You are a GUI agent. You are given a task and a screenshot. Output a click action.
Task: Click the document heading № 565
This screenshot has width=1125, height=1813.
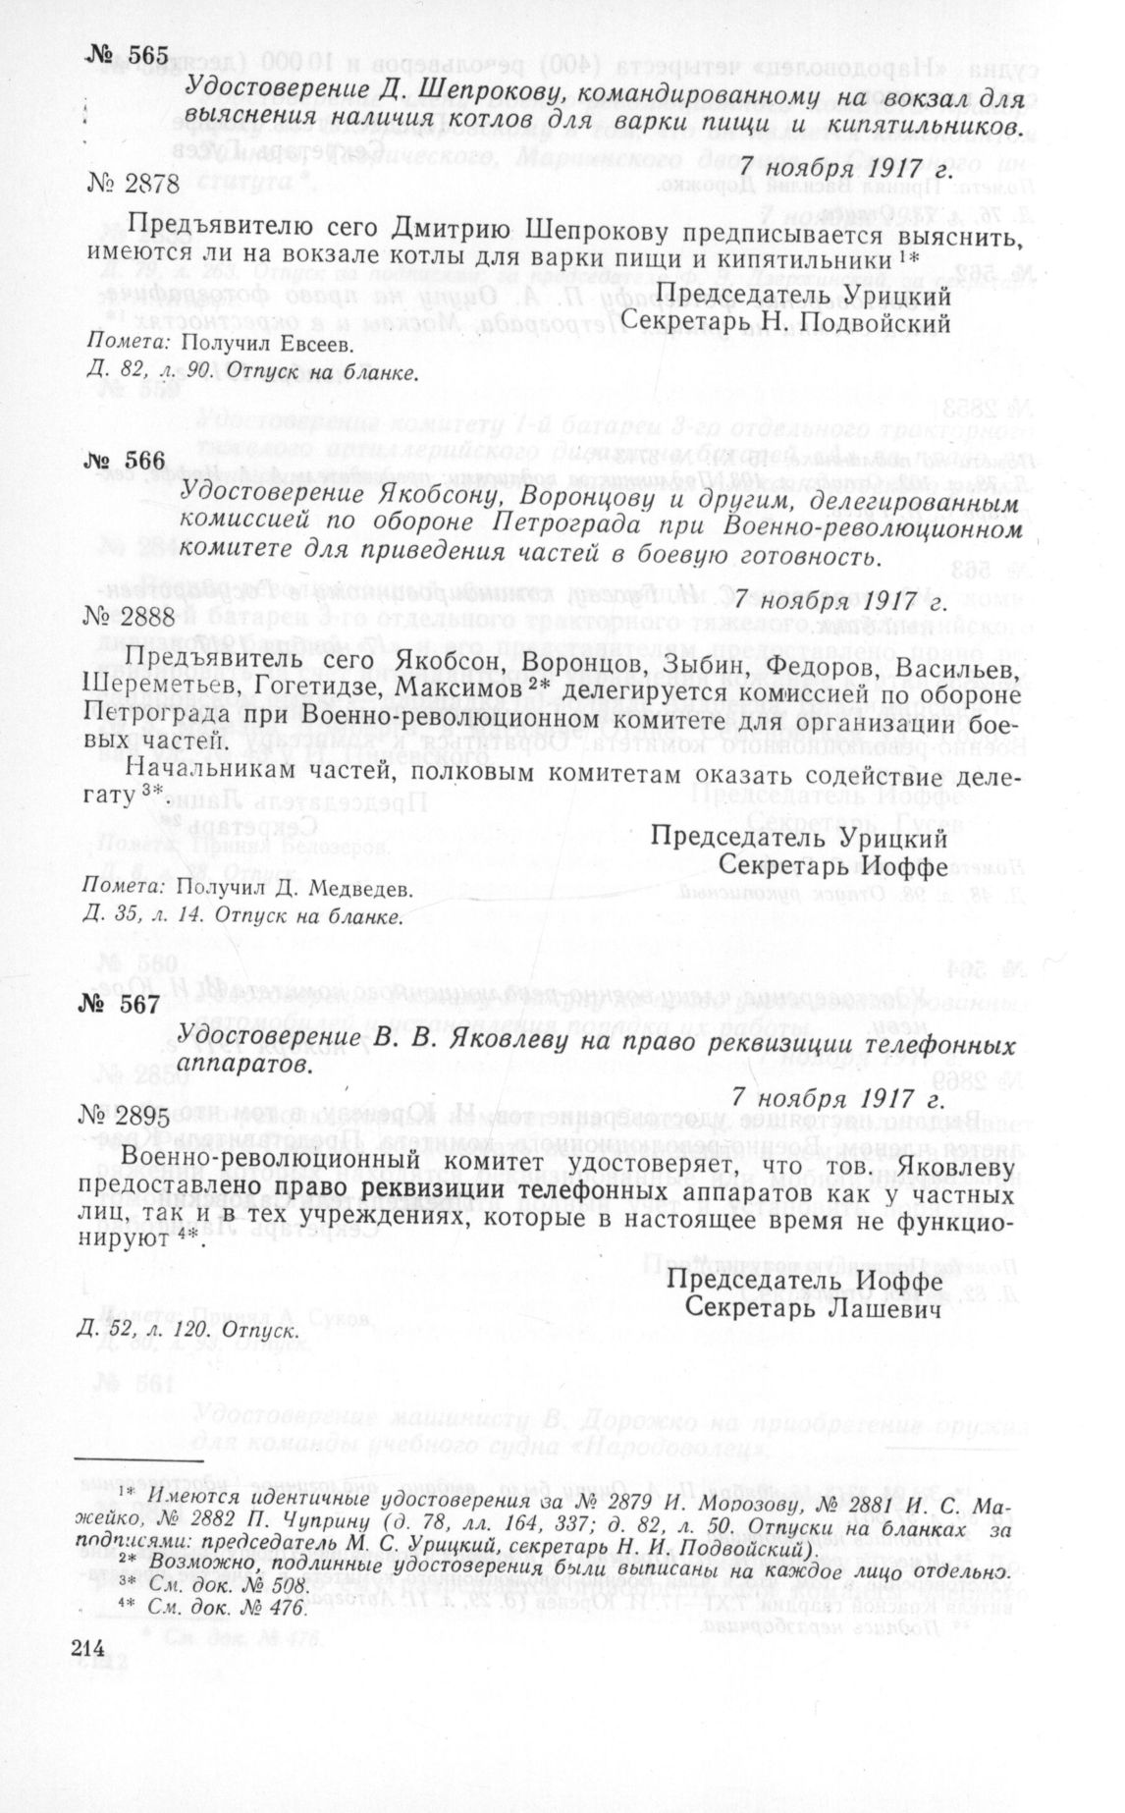point(128,56)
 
